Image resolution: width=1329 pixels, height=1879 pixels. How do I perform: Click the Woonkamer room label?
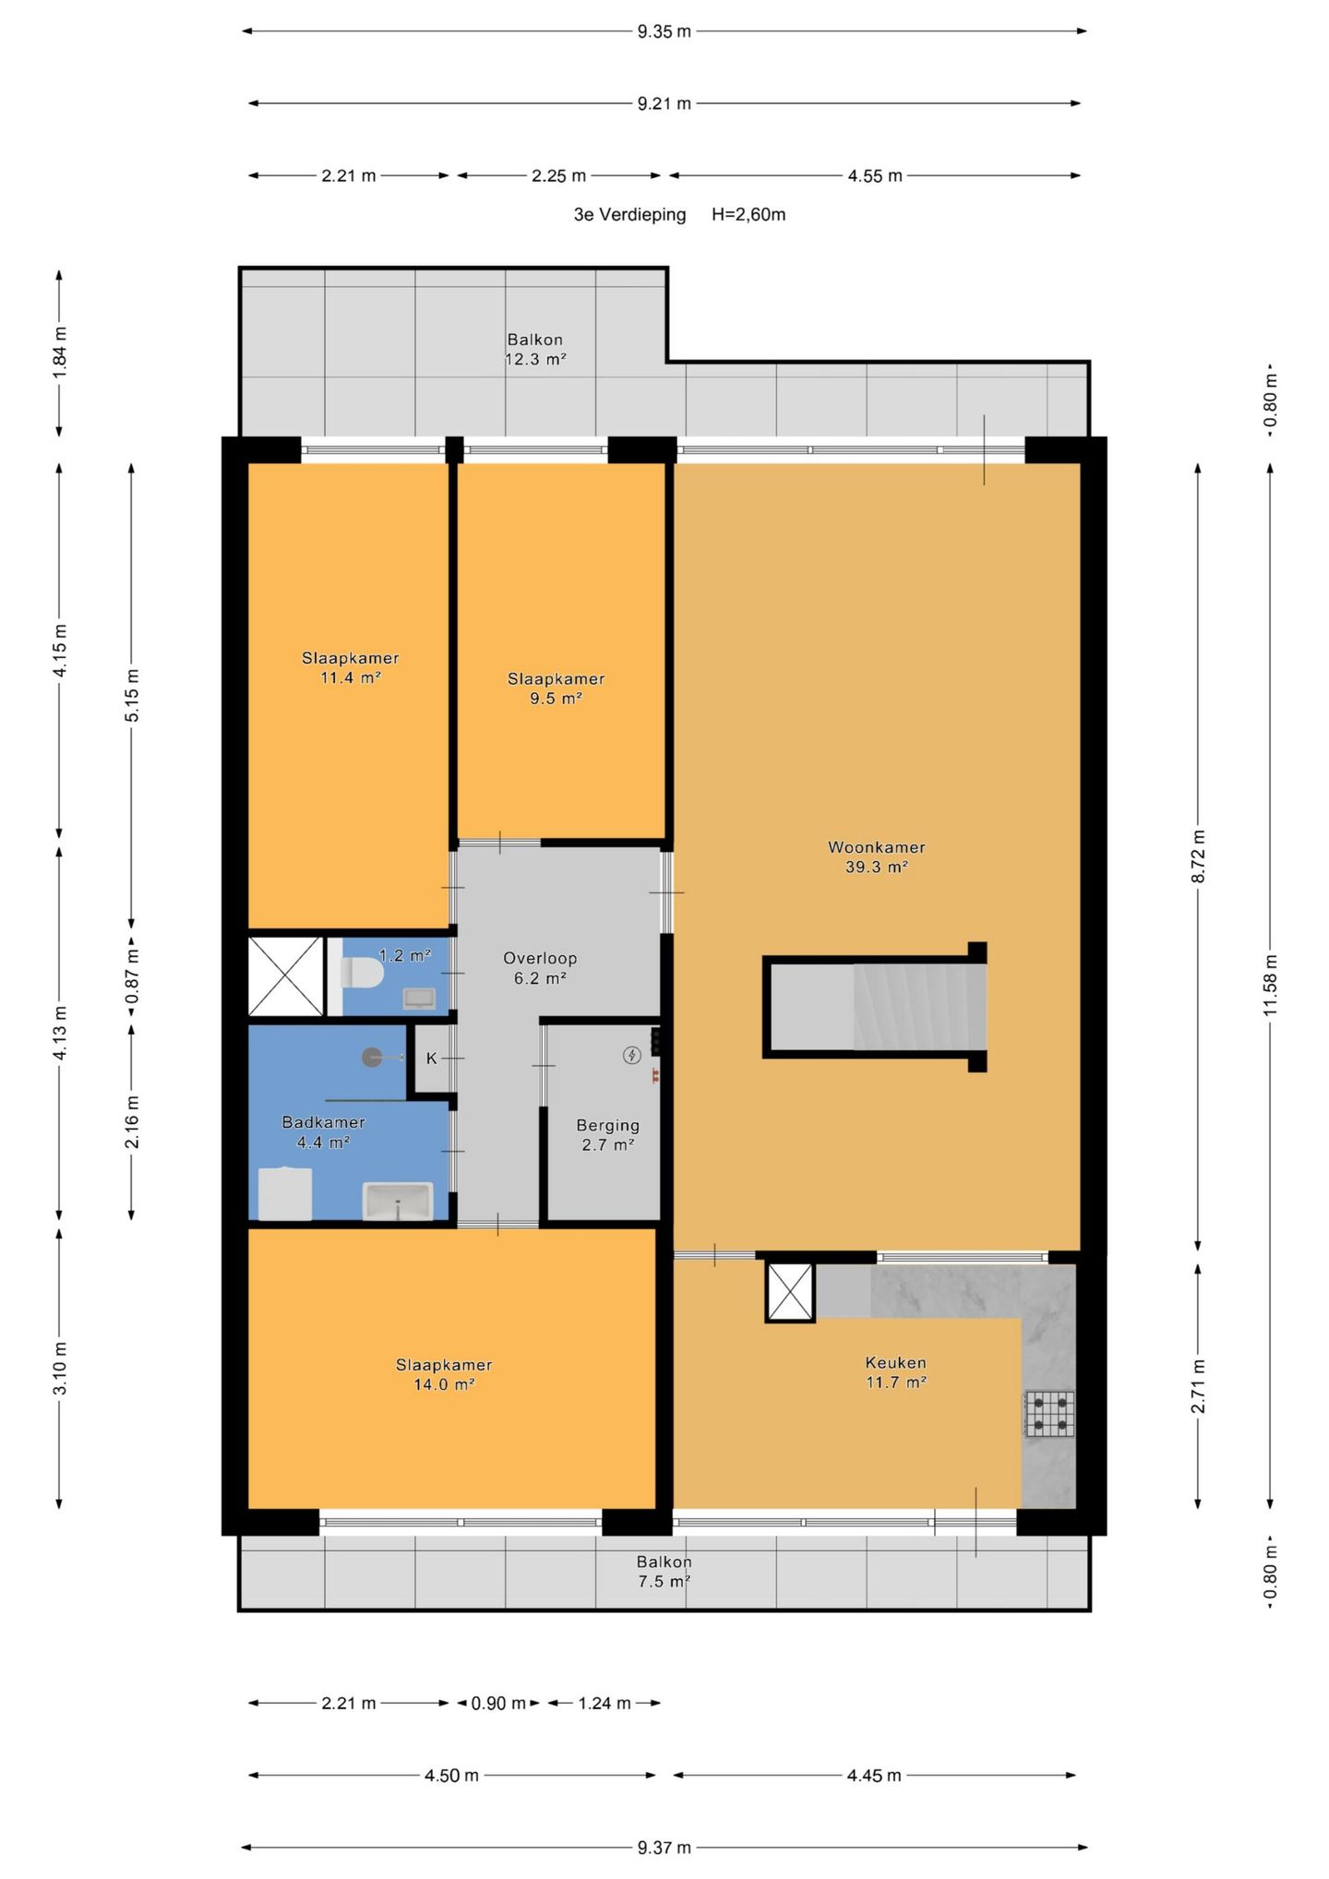pos(876,856)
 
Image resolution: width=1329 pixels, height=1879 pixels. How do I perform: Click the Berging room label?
pos(607,1135)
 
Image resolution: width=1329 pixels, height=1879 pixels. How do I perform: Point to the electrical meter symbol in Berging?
pos(632,1055)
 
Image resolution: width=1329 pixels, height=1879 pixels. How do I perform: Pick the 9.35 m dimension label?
pos(664,31)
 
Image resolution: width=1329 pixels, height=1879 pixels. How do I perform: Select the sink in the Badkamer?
pos(398,1202)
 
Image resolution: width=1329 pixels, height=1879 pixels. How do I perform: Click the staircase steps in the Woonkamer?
pos(919,1006)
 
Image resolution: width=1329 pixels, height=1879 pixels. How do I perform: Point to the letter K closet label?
pos(431,1059)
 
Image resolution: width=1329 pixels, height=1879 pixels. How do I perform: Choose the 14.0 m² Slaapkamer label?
pos(444,1374)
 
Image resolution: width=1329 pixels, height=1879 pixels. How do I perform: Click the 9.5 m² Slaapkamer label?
pos(556,688)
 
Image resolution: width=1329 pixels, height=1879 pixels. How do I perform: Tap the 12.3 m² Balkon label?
pos(535,350)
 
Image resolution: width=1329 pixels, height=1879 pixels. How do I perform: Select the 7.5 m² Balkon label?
pos(664,1572)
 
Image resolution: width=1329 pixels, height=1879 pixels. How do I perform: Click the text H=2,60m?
pos(748,215)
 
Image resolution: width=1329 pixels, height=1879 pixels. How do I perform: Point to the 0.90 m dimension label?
pos(498,1704)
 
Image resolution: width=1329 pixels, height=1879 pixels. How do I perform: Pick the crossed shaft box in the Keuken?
pos(790,1292)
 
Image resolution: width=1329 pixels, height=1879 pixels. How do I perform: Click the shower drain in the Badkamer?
pos(372,1058)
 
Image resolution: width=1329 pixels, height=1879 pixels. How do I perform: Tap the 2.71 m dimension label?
pos(1199,1386)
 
